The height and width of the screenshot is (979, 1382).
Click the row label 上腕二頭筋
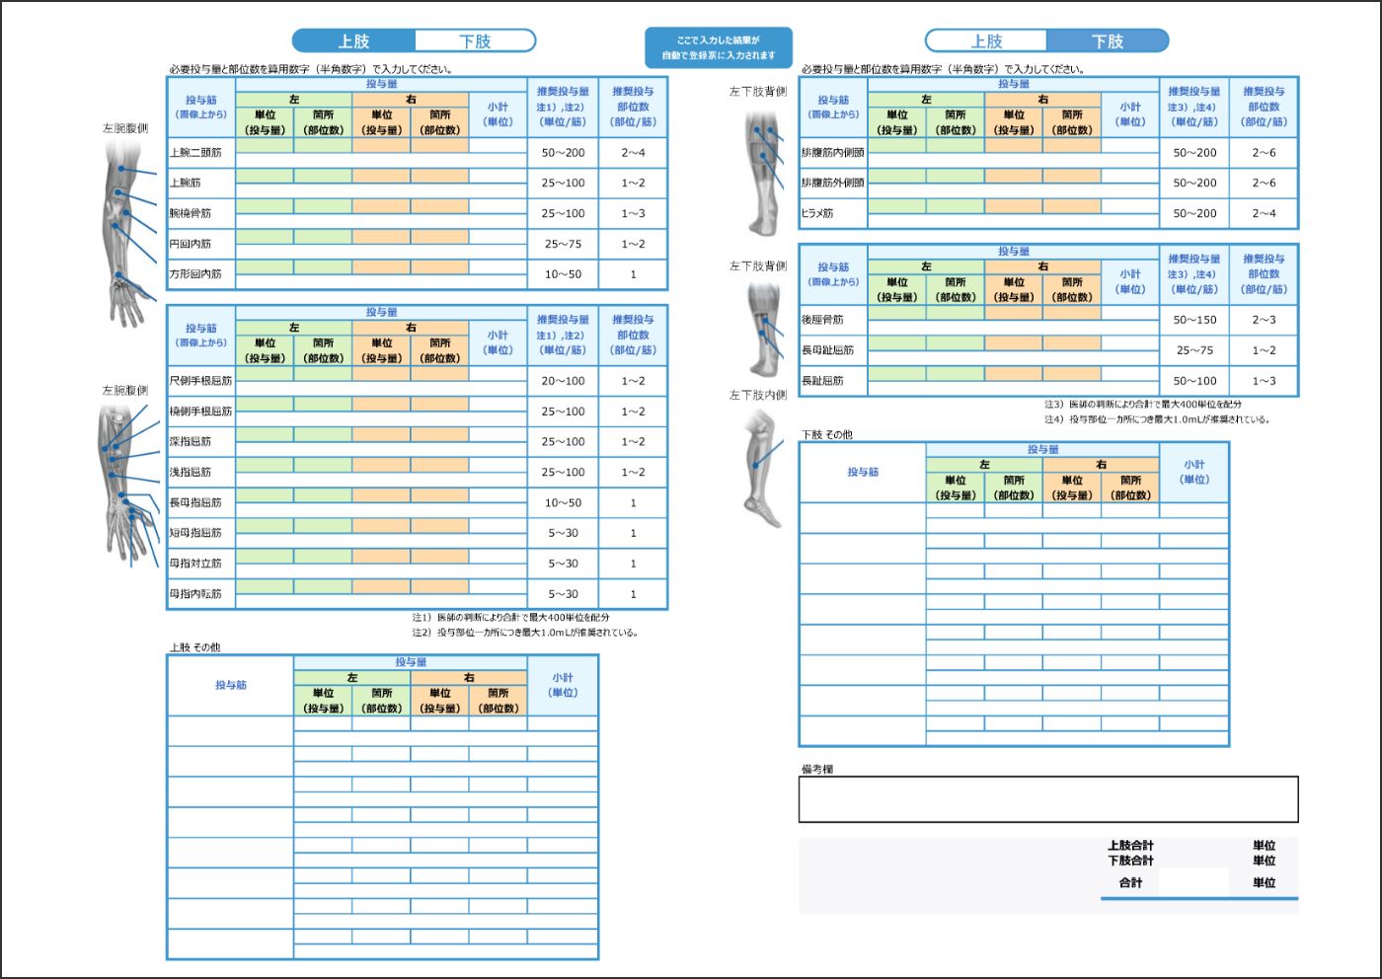(x=195, y=153)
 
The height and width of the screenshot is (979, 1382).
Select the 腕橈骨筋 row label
(x=191, y=213)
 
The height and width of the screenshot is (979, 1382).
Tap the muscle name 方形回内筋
(x=195, y=274)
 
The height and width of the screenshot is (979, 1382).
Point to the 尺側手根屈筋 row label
(x=200, y=381)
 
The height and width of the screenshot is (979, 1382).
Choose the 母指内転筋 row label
(x=195, y=594)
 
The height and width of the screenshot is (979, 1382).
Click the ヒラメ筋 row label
(x=817, y=213)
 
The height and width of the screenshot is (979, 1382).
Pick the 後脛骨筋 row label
(x=822, y=320)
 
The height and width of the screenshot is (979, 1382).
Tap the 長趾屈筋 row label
(x=822, y=381)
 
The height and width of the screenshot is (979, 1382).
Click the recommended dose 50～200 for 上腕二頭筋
(x=563, y=153)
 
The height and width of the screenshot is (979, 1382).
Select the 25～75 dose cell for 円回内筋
(x=563, y=244)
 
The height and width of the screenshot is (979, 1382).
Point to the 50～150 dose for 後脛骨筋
(x=1194, y=320)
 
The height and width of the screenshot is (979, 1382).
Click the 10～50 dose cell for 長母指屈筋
(x=563, y=503)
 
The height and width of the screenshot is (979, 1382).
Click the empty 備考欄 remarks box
(x=1047, y=799)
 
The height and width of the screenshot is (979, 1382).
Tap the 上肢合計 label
(x=1130, y=846)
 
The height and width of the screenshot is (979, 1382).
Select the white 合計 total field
(x=1193, y=882)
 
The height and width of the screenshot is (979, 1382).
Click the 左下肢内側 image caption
(x=758, y=396)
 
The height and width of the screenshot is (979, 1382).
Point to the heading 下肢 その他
(x=827, y=435)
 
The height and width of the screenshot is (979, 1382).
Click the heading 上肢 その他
(x=195, y=648)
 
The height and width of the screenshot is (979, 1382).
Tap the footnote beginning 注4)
(x=1157, y=419)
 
